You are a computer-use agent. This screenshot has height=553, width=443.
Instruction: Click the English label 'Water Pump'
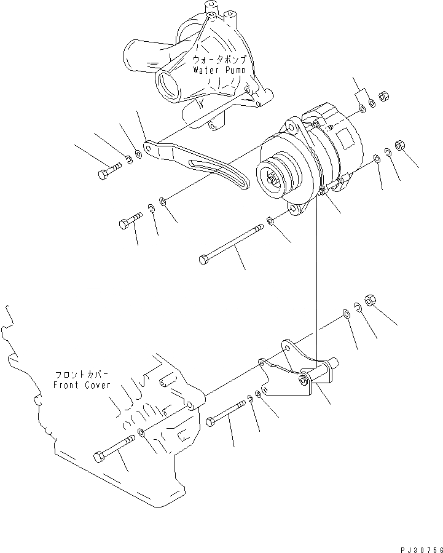coord(219,70)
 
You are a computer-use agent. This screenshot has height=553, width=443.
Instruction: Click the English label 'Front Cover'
coord(82,385)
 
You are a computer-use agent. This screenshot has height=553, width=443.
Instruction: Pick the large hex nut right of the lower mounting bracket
coord(370,300)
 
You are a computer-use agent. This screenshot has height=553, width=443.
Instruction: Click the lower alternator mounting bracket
coord(295,375)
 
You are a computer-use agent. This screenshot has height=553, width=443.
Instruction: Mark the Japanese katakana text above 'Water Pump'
coord(219,60)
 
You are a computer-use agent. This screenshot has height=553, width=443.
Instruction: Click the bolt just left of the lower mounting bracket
coord(228,412)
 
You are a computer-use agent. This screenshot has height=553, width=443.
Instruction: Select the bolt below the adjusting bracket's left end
coord(130,220)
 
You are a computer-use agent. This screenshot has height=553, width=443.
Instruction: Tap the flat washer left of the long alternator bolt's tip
coord(271,220)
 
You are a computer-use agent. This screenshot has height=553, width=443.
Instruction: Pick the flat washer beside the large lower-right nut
coord(347,314)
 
